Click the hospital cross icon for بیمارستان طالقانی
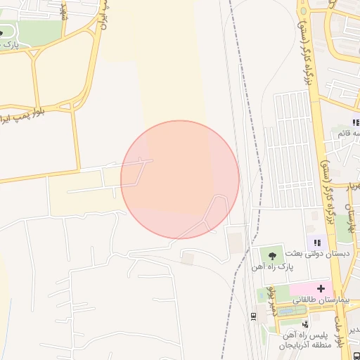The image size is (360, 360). pyautogui.click(x=321, y=288)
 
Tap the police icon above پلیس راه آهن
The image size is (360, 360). pyautogui.click(x=304, y=324)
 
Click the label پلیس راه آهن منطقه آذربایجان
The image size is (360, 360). pyautogui.click(x=304, y=340)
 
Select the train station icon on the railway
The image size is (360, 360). pyautogui.click(x=253, y=316)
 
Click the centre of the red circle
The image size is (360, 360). pyautogui.click(x=180, y=179)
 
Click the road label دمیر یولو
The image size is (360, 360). pyautogui.click(x=270, y=309)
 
